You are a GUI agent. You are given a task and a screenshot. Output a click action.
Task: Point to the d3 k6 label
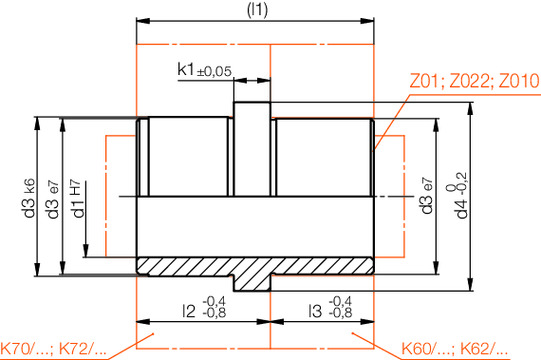(x=27, y=198)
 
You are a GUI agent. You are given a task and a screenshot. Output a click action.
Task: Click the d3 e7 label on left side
(x=53, y=198)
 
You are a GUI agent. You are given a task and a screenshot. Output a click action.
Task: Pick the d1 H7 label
(x=79, y=198)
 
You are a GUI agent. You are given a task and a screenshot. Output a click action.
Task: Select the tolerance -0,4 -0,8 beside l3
(x=341, y=306)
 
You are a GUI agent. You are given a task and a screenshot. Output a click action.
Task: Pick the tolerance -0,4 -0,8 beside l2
(x=214, y=306)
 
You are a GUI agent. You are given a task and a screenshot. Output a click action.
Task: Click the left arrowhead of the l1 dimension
(x=141, y=19)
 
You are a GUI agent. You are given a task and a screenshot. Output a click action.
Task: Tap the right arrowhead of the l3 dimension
(x=370, y=322)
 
